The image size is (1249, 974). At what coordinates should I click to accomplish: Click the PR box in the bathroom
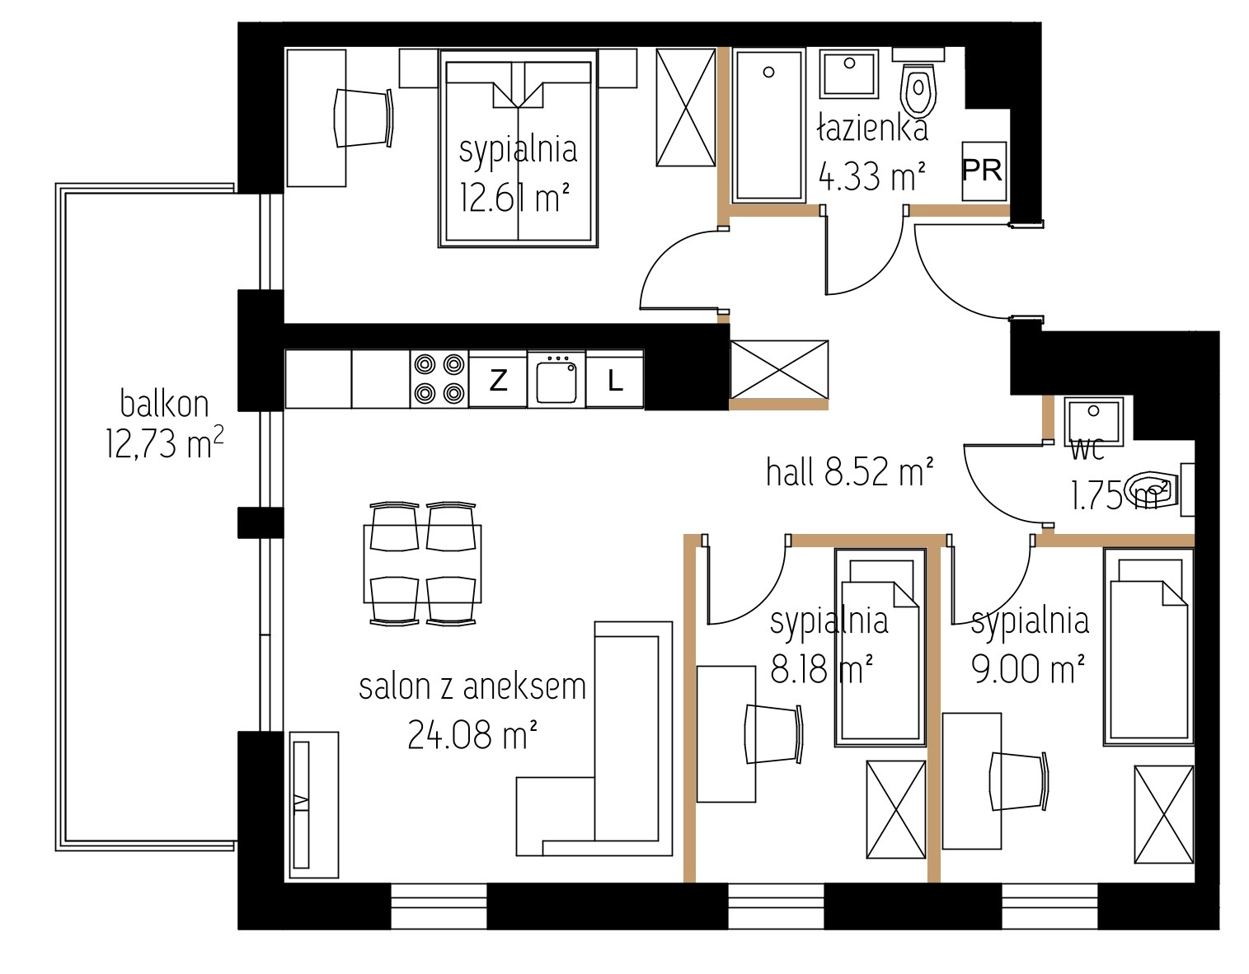click(x=984, y=171)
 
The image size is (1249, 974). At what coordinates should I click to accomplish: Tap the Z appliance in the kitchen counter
click(x=498, y=380)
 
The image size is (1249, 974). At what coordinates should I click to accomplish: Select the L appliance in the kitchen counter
click(x=614, y=380)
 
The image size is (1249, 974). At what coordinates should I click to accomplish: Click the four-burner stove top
click(x=439, y=379)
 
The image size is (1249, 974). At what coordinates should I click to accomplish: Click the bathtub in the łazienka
click(x=768, y=126)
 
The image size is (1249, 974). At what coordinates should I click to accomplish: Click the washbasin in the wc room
click(x=1093, y=422)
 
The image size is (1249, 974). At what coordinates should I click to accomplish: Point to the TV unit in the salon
click(x=313, y=804)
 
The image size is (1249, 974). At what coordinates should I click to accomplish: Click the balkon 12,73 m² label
click(x=164, y=424)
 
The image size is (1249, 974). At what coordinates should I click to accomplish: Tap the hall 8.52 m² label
click(x=849, y=473)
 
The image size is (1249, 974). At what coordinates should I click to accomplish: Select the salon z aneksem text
click(x=472, y=687)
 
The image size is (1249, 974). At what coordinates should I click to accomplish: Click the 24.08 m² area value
click(x=472, y=734)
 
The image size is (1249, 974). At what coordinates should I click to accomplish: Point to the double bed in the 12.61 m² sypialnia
click(x=518, y=149)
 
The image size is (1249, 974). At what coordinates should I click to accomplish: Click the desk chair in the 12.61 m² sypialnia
click(x=364, y=119)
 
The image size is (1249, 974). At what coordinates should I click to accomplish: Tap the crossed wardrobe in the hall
click(x=779, y=369)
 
